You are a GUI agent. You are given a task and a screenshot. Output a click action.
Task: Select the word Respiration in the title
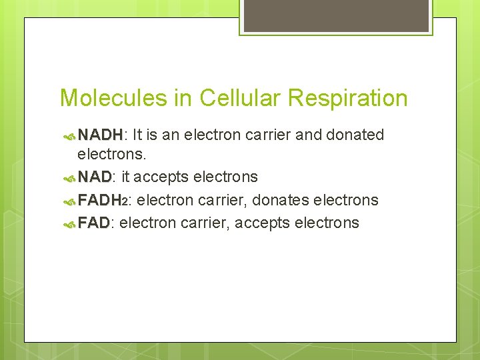347,98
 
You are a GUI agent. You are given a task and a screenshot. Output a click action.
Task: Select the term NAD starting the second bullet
95,177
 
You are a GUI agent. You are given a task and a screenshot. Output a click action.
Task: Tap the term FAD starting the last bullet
94,223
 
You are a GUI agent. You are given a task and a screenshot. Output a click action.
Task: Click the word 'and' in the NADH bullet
308,135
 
